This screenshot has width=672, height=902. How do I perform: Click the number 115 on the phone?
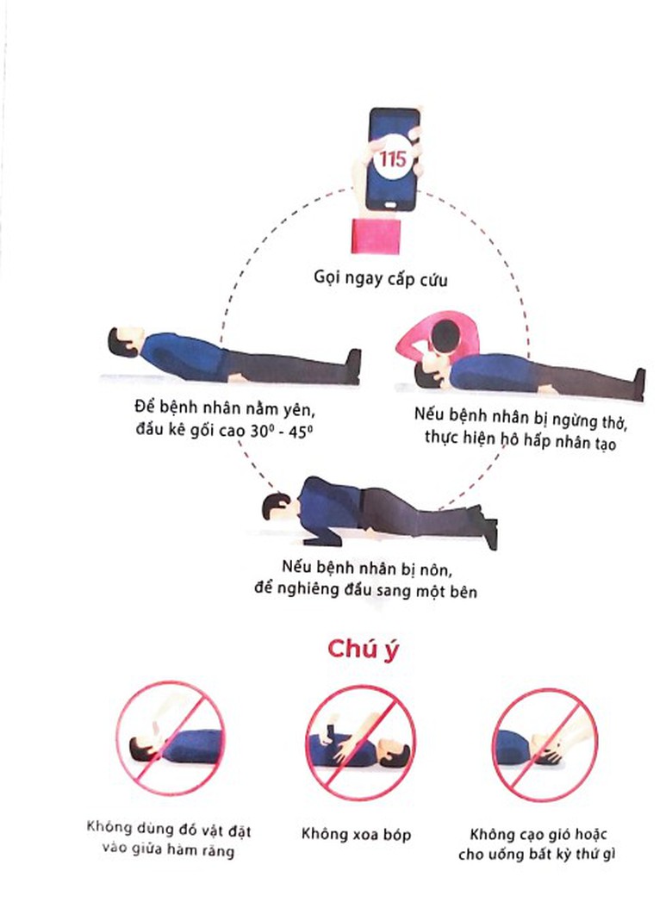pyautogui.click(x=392, y=159)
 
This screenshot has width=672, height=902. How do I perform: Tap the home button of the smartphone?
pyautogui.click(x=391, y=205)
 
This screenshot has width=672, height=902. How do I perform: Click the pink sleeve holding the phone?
pyautogui.click(x=376, y=235)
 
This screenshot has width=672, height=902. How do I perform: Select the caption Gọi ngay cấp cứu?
pyautogui.click(x=380, y=278)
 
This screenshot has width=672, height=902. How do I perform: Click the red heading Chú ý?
pyautogui.click(x=363, y=650)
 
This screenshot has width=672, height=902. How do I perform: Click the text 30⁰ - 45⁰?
pyautogui.click(x=282, y=432)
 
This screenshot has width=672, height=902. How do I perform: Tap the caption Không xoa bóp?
pyautogui.click(x=356, y=834)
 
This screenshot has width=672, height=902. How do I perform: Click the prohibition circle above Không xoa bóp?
pyautogui.click(x=360, y=742)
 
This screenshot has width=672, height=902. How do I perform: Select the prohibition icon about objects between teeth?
pyautogui.click(x=171, y=738)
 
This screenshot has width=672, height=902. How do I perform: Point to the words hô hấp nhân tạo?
pyautogui.click(x=558, y=442)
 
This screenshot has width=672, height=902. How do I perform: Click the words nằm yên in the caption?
pyautogui.click(x=277, y=410)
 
